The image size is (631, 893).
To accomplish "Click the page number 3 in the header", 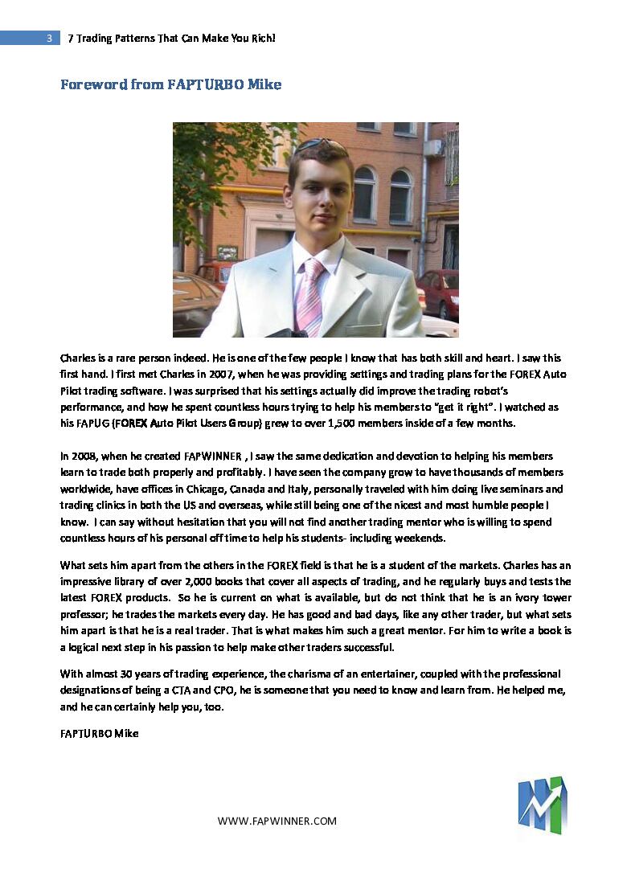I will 49,38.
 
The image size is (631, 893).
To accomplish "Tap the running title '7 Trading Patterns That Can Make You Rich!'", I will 172,38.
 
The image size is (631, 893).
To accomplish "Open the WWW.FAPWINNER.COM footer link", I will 277,821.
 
